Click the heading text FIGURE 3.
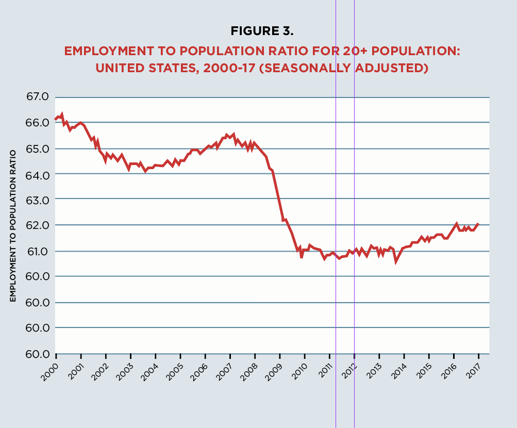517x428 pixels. click(x=262, y=31)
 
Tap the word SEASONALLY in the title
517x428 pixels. click(x=311, y=68)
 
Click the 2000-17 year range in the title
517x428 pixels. click(x=228, y=68)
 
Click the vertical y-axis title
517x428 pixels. click(x=13, y=224)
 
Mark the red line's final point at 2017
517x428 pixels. click(x=478, y=224)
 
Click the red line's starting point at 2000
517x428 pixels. click(x=56, y=120)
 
